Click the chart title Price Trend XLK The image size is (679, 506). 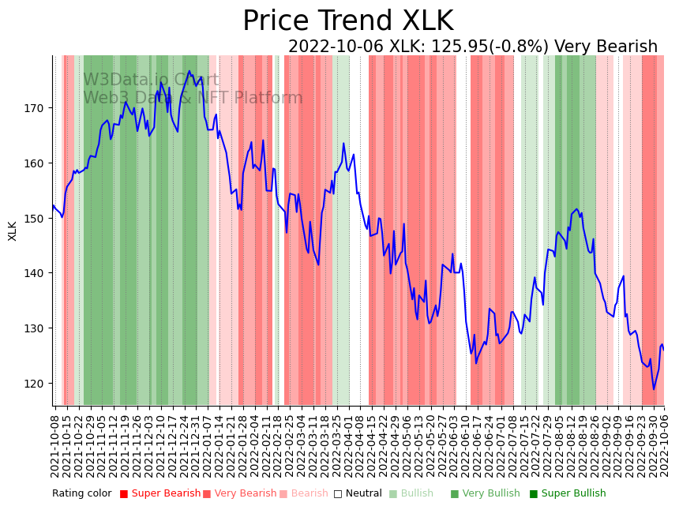(x=347, y=21)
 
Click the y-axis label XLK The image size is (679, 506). (x=13, y=231)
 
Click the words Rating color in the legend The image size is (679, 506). (x=82, y=494)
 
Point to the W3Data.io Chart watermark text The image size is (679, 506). (x=152, y=80)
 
